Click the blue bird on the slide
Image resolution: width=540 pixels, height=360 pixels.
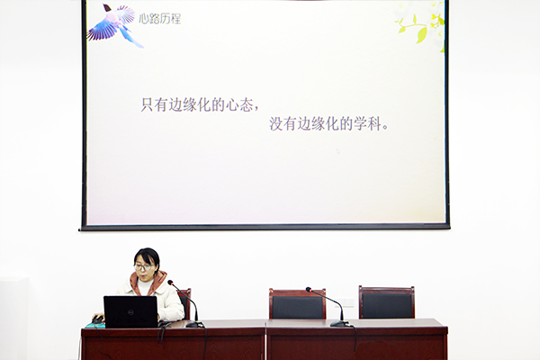(113, 25)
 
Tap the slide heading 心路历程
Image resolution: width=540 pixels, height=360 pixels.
(160, 19)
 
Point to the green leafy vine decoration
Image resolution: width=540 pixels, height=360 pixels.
(421, 27)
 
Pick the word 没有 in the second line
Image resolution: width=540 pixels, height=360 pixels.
(283, 123)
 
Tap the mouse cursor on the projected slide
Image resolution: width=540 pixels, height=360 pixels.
(338, 151)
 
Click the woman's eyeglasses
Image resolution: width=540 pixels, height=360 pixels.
(143, 267)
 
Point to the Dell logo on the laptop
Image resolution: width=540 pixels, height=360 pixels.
(130, 311)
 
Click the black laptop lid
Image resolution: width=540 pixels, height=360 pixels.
(130, 311)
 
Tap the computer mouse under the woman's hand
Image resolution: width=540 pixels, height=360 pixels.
(98, 319)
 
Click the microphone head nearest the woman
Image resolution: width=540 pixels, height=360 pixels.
(170, 283)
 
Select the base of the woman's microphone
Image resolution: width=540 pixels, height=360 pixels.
(194, 324)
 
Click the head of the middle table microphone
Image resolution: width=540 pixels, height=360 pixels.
(309, 290)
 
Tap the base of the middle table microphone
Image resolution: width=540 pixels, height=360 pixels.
(340, 323)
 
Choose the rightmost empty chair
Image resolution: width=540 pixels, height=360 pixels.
(387, 302)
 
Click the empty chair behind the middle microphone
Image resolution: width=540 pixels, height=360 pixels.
(297, 303)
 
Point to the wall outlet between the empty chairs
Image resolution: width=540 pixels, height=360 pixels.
(346, 302)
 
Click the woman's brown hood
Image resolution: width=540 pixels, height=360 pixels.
(148, 280)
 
